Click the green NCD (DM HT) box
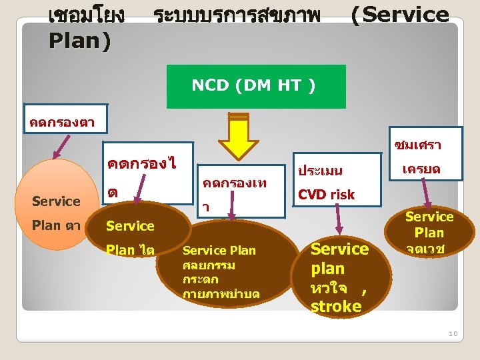click(256, 86)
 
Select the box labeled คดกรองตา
click(63, 121)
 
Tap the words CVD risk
click(326, 195)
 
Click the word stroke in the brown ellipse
click(335, 306)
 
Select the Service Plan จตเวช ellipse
click(429, 233)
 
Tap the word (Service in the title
click(400, 15)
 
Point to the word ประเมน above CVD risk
click(320, 171)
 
